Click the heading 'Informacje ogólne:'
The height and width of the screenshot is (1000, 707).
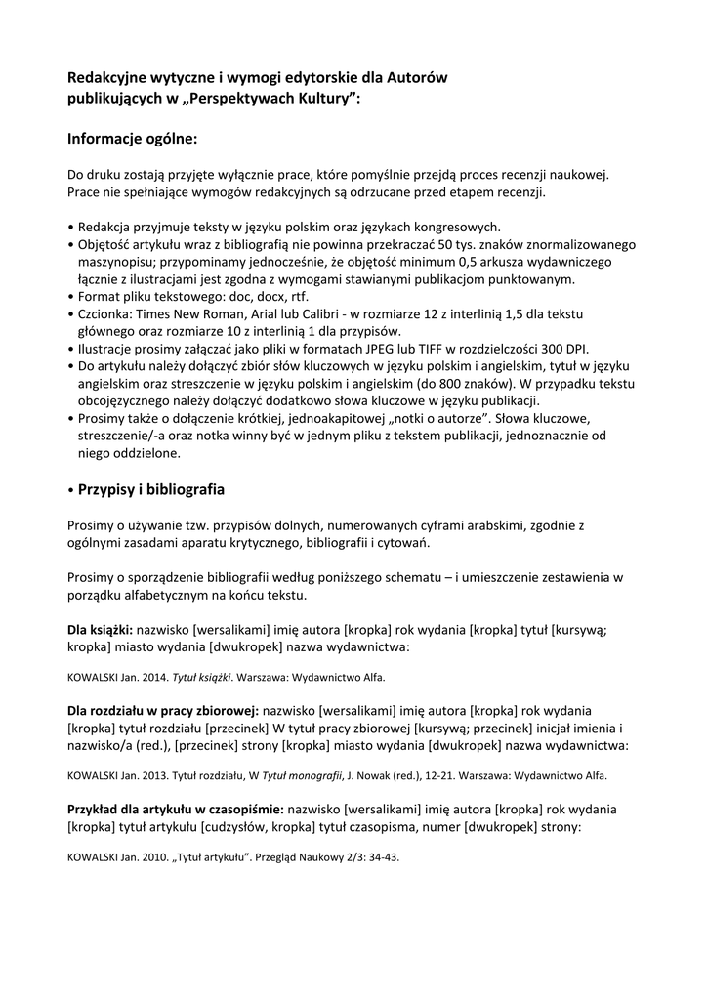(132, 139)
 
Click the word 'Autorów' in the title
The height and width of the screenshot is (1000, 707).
(420, 77)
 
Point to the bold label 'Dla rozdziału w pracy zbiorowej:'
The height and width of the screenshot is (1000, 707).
(162, 711)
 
